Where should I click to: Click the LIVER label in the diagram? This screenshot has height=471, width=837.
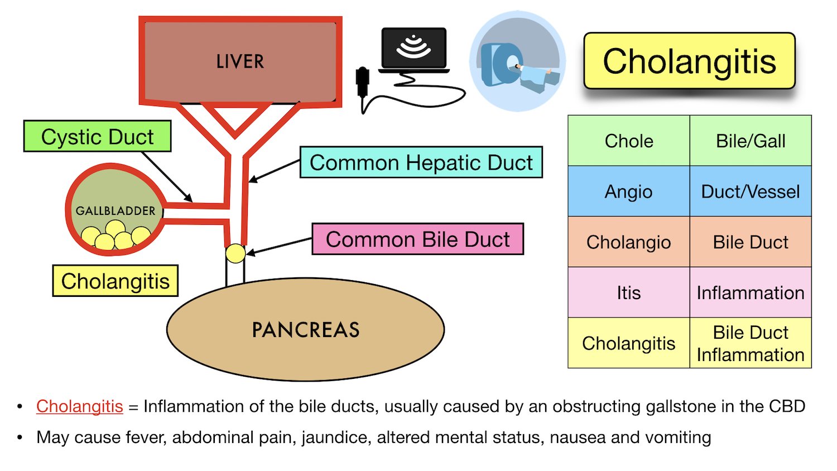[x=240, y=61]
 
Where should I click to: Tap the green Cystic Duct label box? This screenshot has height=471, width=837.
[x=97, y=137]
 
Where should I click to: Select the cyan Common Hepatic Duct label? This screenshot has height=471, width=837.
[x=421, y=162]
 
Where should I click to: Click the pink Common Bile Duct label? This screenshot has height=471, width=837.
[x=417, y=239]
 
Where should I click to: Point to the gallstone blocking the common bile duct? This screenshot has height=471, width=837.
[x=235, y=253]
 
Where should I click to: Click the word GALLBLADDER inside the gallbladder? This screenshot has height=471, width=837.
[x=116, y=211]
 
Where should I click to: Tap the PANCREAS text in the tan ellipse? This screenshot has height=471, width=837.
[x=305, y=330]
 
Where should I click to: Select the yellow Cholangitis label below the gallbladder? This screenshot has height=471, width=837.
[x=115, y=281]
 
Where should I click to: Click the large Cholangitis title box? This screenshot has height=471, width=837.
[x=689, y=61]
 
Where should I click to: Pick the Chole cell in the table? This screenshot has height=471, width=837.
[x=629, y=141]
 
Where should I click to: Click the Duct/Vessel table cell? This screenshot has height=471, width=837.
[x=750, y=191]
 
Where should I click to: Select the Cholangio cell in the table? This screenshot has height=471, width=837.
[x=629, y=242]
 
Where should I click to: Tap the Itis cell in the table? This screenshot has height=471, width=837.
[x=629, y=292]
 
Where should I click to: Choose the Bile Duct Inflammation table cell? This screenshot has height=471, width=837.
[x=750, y=343]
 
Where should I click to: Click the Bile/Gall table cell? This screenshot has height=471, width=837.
[x=750, y=141]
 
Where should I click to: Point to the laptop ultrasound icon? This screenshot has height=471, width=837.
[x=413, y=50]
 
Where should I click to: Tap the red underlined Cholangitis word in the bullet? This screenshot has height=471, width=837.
[x=80, y=406]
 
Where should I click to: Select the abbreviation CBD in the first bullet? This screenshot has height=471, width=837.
[x=787, y=406]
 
